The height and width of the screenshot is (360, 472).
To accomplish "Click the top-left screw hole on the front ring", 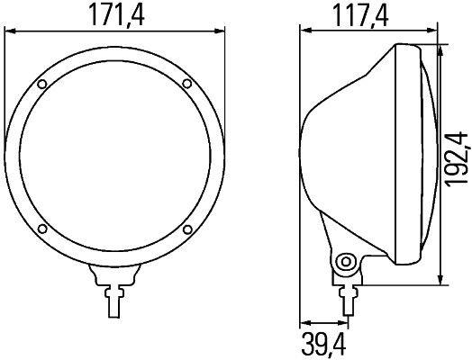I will [x=42, y=85].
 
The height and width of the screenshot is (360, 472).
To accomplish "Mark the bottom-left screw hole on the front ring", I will [x=42, y=229].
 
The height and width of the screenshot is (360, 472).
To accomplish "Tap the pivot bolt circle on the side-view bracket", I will [x=343, y=262].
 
